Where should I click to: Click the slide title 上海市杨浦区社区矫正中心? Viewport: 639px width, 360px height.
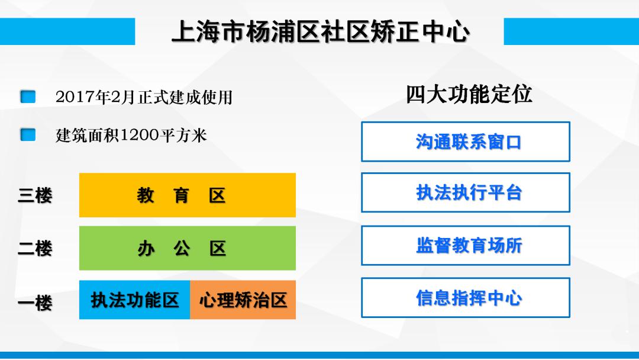(320, 32)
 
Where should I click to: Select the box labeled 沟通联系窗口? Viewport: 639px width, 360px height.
(466, 142)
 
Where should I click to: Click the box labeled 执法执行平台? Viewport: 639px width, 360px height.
(466, 192)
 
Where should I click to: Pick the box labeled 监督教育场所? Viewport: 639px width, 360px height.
(466, 245)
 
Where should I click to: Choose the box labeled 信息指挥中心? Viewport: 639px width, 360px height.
(466, 298)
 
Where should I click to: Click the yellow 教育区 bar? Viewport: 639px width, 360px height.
(187, 195)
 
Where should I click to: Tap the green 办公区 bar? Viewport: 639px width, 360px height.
(187, 248)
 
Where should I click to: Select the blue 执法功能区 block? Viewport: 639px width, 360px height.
(134, 300)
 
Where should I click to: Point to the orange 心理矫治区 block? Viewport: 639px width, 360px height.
(243, 300)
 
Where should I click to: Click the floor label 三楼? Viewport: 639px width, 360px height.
(35, 195)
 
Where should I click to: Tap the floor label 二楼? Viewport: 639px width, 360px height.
(35, 249)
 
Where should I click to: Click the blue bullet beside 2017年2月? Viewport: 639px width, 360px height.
(28, 97)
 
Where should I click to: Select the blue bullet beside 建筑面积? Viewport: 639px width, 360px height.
(28, 135)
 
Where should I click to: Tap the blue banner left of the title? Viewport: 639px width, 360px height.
(67, 31)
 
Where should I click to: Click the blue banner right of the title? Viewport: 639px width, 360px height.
(571, 31)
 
